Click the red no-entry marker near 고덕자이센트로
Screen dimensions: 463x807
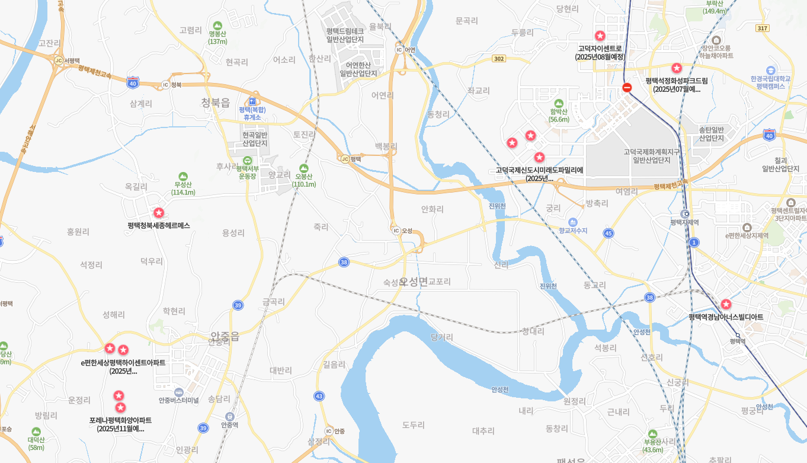pos(627,88)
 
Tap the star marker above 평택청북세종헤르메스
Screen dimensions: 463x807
pos(158,213)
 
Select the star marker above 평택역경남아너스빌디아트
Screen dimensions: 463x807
pos(726,304)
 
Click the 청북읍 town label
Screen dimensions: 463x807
pos(215,103)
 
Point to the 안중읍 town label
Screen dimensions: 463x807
pos(225,336)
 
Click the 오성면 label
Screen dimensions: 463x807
pos(414,282)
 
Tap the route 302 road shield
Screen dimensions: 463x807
pos(498,59)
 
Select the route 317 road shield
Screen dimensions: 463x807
pos(763,28)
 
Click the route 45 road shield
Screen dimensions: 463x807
pos(608,234)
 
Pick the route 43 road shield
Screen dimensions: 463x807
pos(319,395)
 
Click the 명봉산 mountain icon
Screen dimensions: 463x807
pos(217,25)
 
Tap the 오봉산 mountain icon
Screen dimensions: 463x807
pos(304,168)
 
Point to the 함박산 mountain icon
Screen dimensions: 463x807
pos(558,103)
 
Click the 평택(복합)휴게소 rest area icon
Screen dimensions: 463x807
pos(252,101)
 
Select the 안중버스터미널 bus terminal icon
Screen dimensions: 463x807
pos(178,392)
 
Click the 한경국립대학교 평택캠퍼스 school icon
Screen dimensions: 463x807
pos(770,70)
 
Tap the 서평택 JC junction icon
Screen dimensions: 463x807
pos(58,60)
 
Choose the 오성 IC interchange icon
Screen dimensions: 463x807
pos(396,231)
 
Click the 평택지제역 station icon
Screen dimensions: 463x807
pos(685,214)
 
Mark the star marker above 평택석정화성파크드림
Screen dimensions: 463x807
pos(676,68)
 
